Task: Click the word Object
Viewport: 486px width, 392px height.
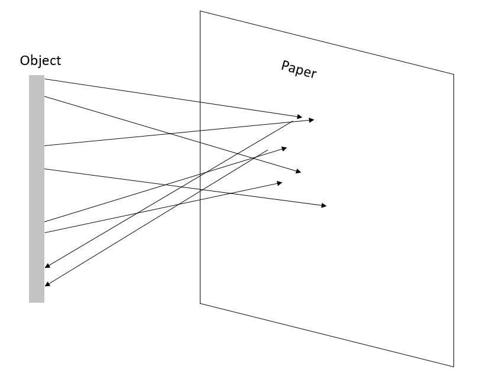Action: [x=40, y=60]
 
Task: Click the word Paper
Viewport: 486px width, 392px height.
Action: [x=299, y=69]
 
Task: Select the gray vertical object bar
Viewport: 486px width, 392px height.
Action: [x=37, y=189]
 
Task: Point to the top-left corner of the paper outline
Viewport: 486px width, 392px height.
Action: [x=200, y=11]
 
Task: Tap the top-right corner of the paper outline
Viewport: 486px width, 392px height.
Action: [x=453, y=74]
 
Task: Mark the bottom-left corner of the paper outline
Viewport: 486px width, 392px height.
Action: [x=200, y=303]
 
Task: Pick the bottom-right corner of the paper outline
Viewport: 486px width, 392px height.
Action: [x=453, y=367]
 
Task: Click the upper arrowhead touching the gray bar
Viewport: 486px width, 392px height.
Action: [x=47, y=266]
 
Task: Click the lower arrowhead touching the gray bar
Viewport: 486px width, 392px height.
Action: [x=47, y=284]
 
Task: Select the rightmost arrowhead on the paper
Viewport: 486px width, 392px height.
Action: [x=323, y=205]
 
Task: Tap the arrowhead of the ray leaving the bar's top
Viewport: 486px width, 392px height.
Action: [x=299, y=116]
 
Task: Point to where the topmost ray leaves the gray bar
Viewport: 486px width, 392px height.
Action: [x=45, y=79]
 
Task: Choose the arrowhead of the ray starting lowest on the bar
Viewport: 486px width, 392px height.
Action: [x=279, y=183]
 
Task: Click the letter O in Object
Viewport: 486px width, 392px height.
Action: [x=24, y=61]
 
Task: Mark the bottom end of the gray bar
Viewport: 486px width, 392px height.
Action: [x=37, y=302]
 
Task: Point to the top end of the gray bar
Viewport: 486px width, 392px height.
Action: [x=37, y=76]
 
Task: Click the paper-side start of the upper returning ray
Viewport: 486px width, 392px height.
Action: [x=293, y=121]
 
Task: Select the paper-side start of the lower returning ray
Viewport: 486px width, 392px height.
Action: [x=268, y=150]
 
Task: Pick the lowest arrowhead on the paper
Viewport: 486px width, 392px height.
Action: [x=323, y=205]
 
